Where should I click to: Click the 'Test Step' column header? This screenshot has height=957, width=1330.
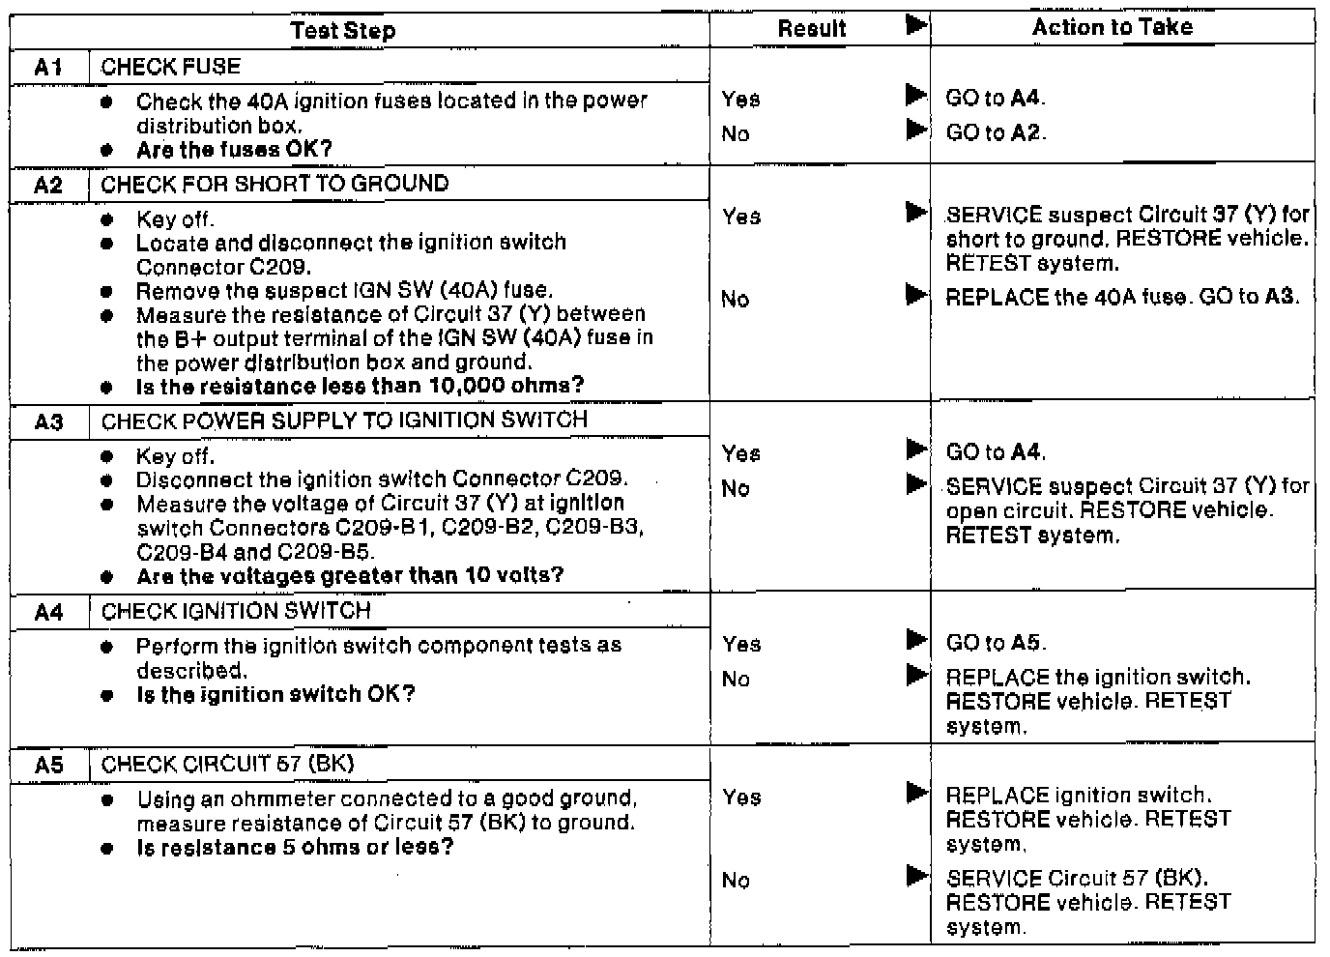tap(343, 30)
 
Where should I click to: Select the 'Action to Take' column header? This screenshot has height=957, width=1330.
tap(1112, 27)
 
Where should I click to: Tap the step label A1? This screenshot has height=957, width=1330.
tap(48, 67)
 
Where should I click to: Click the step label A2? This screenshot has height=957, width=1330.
tap(48, 185)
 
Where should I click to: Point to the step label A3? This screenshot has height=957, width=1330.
tap(48, 421)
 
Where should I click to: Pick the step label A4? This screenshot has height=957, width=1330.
tap(48, 612)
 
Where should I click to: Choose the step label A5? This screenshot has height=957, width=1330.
tap(48, 766)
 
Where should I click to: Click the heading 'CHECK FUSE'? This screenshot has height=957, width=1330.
tap(171, 67)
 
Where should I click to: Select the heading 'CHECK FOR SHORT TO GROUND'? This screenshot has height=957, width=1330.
tap(275, 184)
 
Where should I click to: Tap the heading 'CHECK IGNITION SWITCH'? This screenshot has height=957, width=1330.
tap(236, 611)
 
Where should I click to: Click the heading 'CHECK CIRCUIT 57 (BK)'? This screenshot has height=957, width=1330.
tap(228, 764)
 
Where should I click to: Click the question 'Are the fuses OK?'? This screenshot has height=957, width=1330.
tap(234, 150)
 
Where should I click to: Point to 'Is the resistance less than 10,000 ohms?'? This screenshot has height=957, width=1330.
tap(360, 386)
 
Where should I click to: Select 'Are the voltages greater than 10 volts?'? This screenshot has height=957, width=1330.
tap(350, 576)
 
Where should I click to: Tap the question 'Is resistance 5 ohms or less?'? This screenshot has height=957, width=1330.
tap(295, 848)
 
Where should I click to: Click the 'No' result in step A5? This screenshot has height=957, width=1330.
tap(736, 880)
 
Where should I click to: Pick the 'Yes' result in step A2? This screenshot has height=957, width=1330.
tap(741, 217)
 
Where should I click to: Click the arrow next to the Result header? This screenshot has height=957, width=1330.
tap(916, 25)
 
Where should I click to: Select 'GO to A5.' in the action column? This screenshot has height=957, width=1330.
tap(996, 643)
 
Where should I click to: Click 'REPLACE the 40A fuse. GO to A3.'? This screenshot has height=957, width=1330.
tap(1122, 297)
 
